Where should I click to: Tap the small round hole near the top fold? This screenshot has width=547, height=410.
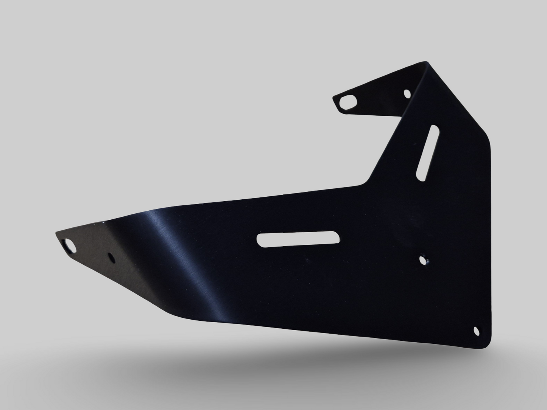pyautogui.click(x=407, y=93)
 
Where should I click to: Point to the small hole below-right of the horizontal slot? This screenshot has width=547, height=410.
pyautogui.click(x=422, y=259)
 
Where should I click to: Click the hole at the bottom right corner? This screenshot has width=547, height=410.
pyautogui.click(x=477, y=331)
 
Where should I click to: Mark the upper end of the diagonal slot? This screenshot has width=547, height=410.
pyautogui.click(x=433, y=129)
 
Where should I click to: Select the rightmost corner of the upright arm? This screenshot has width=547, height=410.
pyautogui.click(x=488, y=144)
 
